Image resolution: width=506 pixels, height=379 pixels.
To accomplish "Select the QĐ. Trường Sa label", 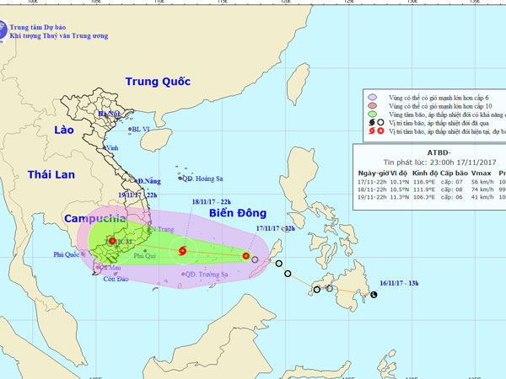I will click(x=207, y=275).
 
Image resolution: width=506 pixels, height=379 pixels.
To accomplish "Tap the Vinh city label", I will click(x=111, y=147).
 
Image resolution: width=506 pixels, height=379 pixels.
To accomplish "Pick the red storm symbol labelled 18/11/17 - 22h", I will click(x=183, y=249).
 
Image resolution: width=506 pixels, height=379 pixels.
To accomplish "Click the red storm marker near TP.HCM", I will click(x=112, y=242).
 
